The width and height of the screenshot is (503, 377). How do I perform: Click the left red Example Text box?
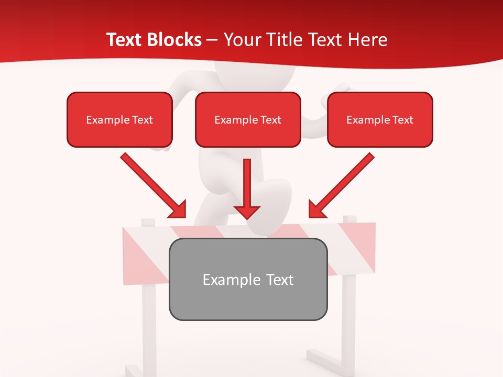pos(119,119)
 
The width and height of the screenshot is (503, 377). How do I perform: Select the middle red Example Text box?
pos(248,119)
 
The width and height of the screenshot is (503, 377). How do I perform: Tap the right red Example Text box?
pos(380,119)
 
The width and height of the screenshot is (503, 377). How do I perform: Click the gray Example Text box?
pos(248,279)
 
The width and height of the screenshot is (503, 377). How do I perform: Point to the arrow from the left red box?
pos(152,184)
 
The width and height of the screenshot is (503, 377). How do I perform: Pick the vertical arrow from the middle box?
pos(247,186)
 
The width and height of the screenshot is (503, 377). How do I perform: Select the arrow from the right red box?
pos(343,184)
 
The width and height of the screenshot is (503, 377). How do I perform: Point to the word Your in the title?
pos(242,40)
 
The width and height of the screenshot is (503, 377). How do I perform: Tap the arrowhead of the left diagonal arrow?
pos(178,210)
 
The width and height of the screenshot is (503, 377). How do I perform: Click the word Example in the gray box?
pos(224,280)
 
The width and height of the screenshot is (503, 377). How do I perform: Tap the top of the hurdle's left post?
pos(148,222)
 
